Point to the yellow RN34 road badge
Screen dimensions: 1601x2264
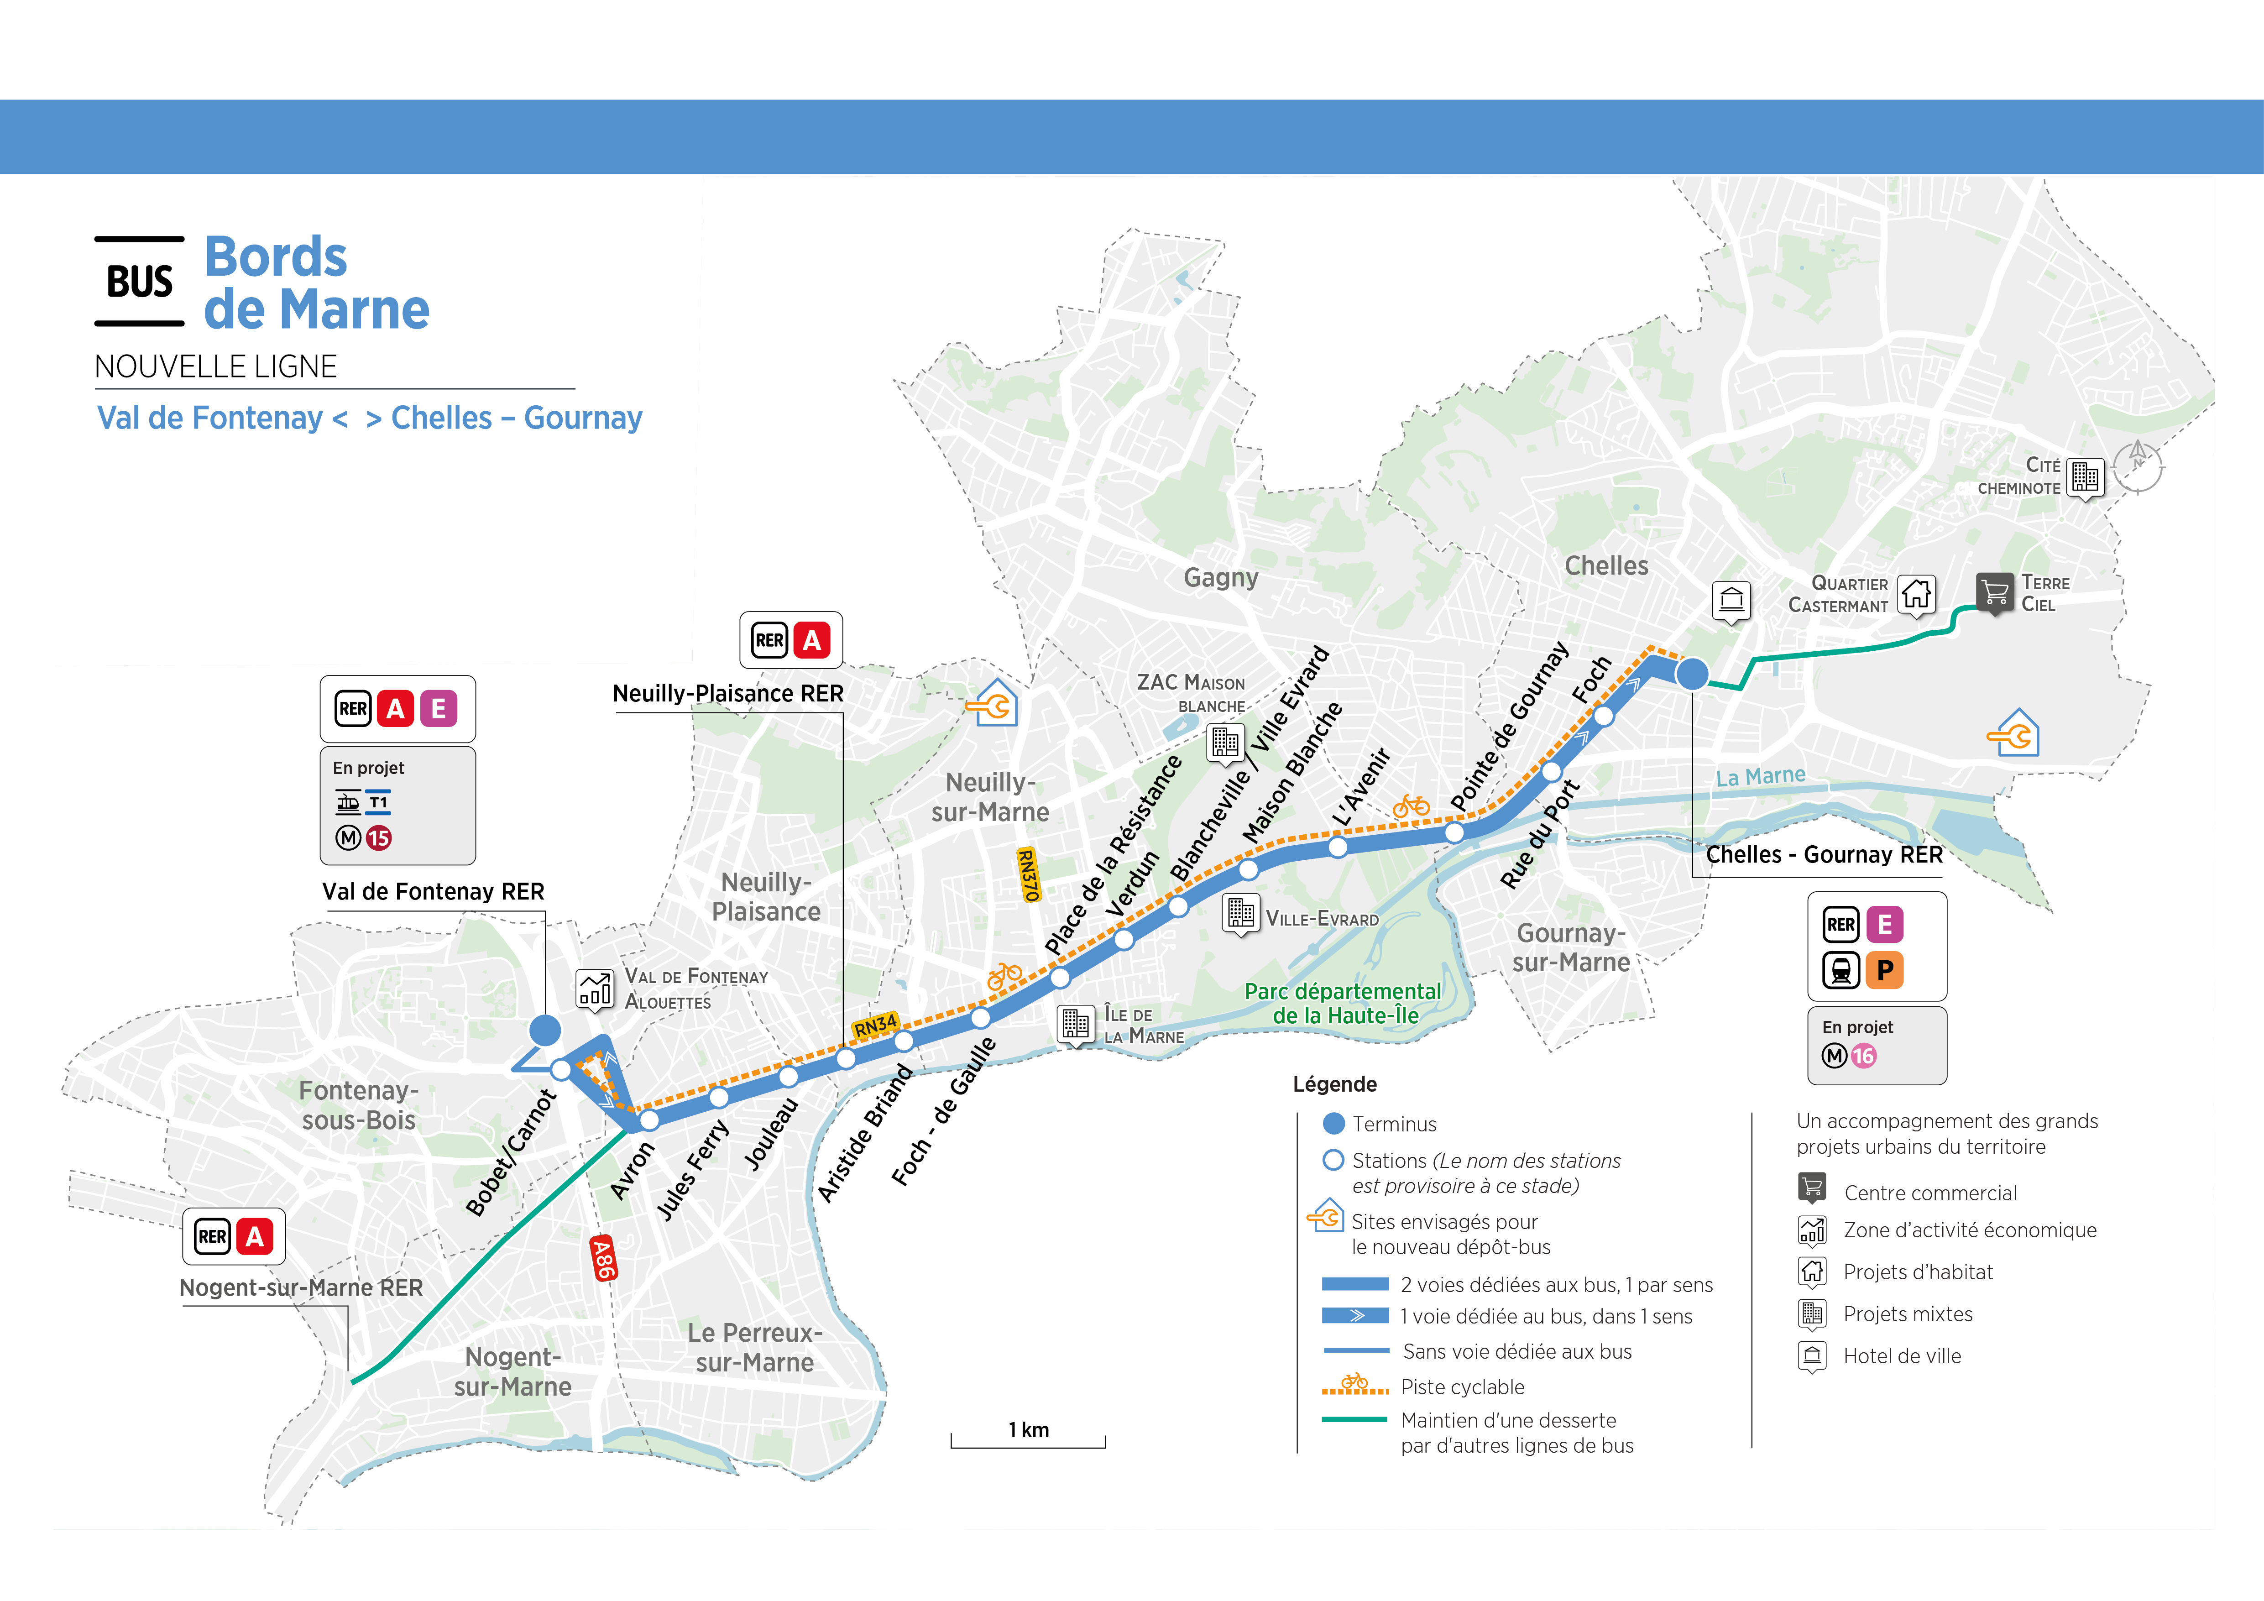point(876,1025)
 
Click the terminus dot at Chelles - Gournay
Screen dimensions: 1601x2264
point(1692,675)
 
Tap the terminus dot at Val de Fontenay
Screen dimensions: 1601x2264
point(544,1030)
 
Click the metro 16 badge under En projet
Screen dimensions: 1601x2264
point(1863,1056)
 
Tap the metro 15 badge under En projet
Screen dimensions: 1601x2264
point(379,838)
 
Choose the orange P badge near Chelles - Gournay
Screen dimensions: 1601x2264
point(1884,970)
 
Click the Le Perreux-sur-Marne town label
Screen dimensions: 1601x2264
point(754,1348)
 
